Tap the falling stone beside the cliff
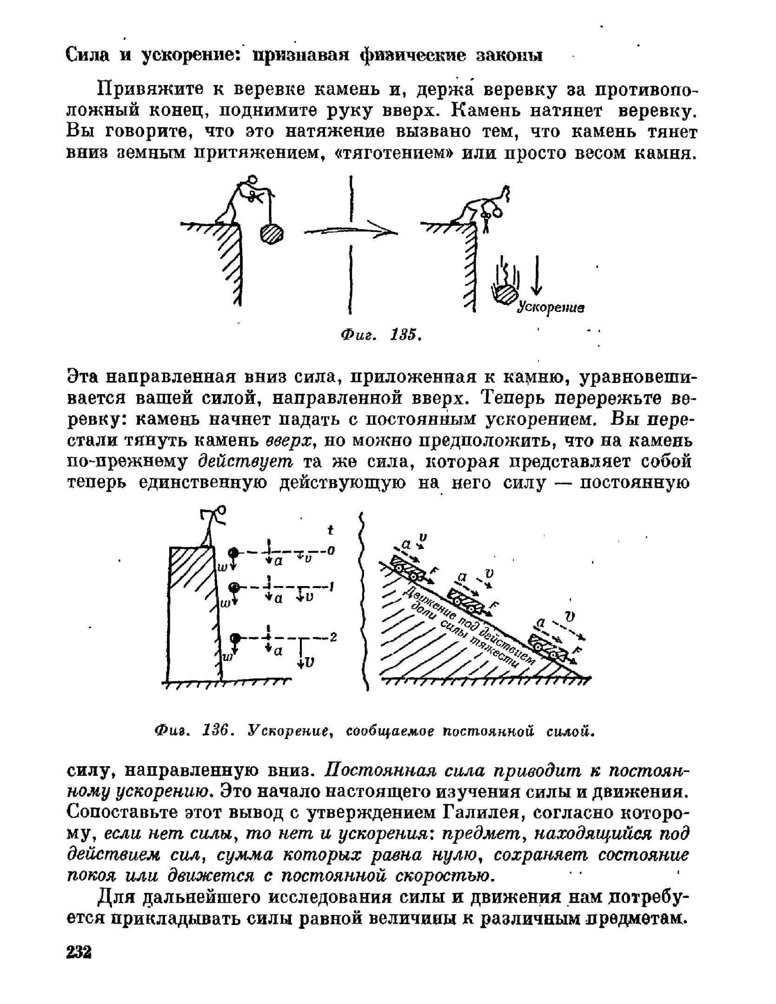click(505, 294)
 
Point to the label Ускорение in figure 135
click(551, 307)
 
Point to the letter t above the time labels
click(331, 530)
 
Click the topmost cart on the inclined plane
click(410, 569)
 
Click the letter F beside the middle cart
click(494, 605)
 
